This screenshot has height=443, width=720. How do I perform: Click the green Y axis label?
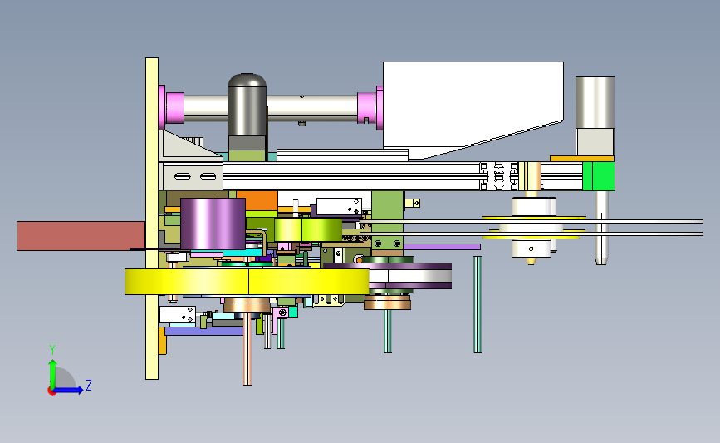pos(52,350)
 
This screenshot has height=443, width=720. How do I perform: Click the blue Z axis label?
pos(89,385)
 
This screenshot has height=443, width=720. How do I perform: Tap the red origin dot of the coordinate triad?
pos(51,391)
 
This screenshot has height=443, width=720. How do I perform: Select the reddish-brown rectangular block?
pos(81,236)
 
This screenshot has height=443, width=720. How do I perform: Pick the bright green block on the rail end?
pos(599,176)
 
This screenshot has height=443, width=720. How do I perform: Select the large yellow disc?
pos(247,282)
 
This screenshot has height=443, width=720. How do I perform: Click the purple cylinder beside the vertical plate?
pos(213,224)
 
